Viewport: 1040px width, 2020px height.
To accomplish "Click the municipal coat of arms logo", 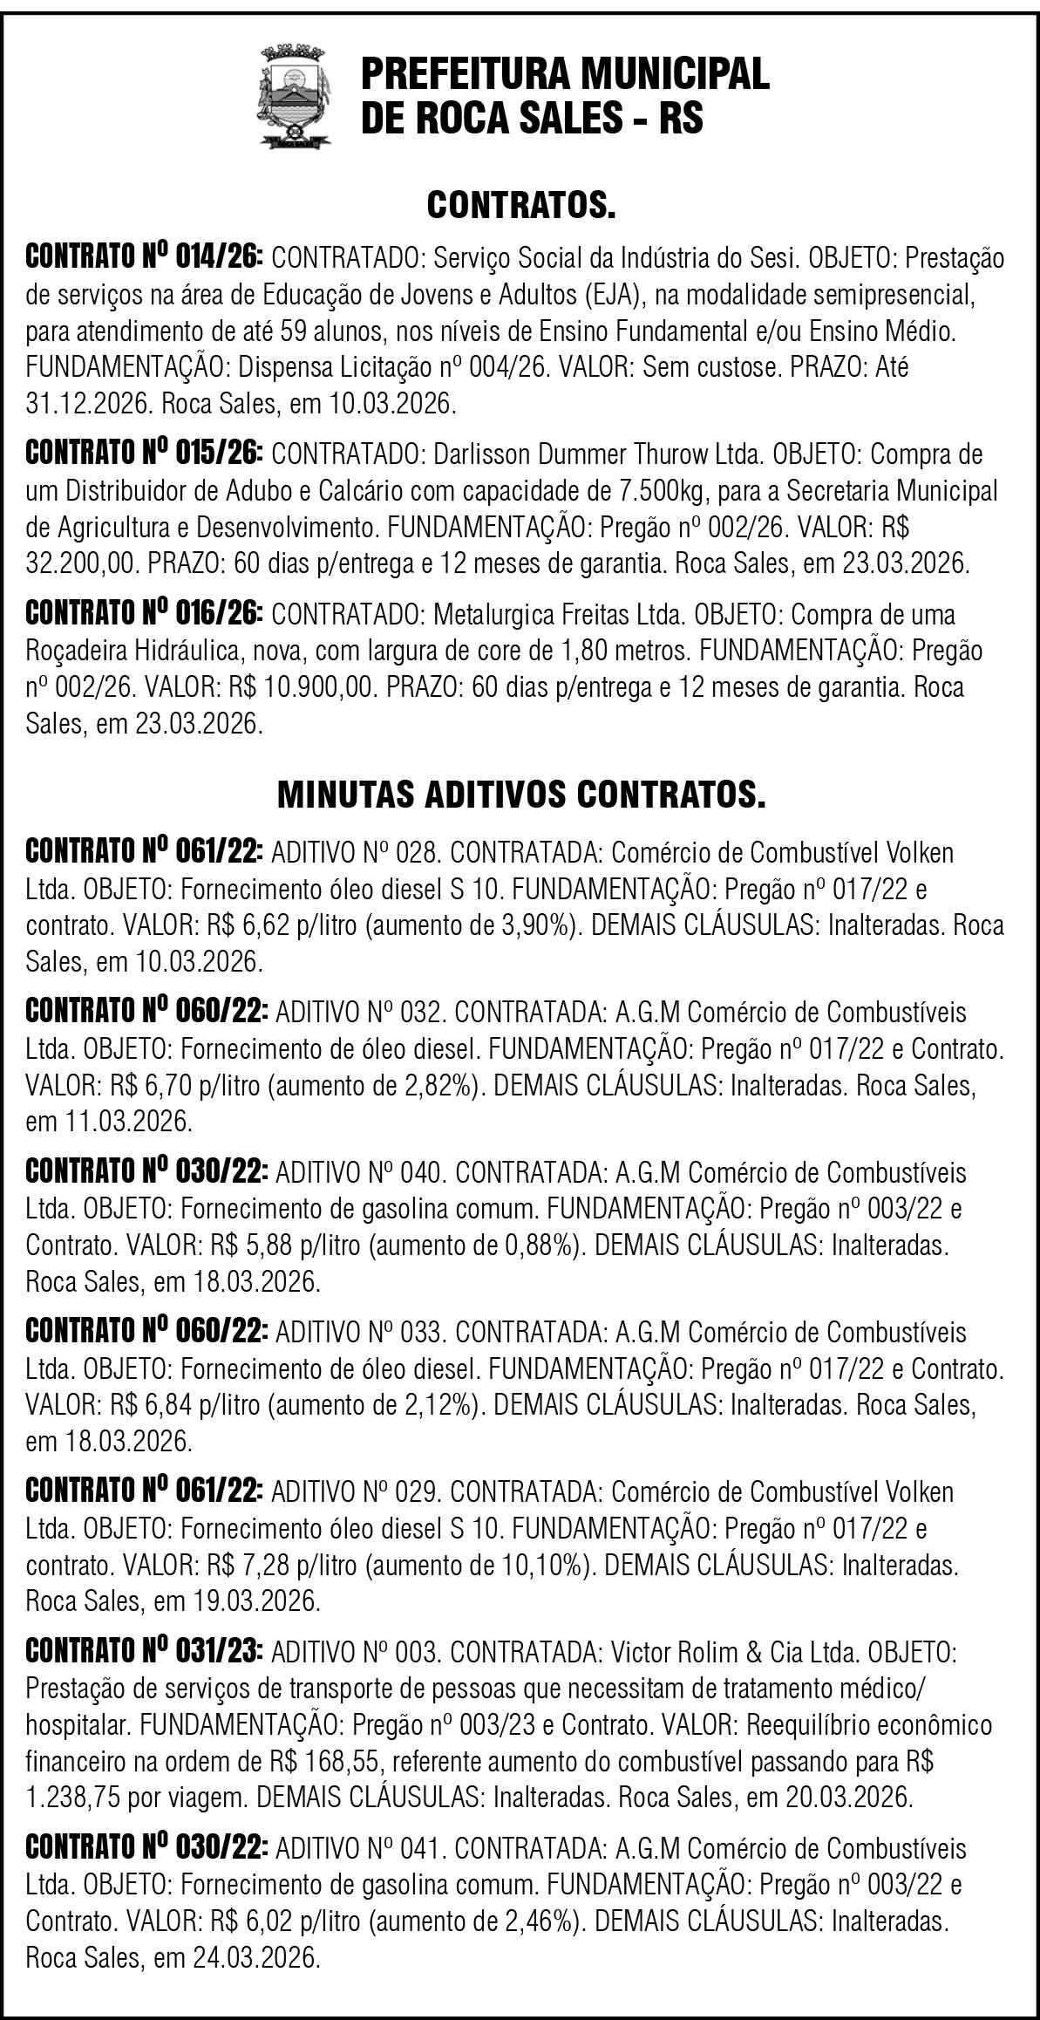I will [296, 97].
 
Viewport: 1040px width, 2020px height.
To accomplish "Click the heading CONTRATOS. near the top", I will [520, 206].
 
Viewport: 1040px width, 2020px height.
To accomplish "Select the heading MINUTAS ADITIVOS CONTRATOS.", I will [520, 795].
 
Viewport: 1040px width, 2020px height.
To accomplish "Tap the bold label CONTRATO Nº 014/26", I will [145, 259].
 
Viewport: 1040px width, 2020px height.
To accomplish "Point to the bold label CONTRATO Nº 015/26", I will [145, 454].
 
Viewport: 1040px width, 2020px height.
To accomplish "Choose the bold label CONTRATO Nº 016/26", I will [145, 614].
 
